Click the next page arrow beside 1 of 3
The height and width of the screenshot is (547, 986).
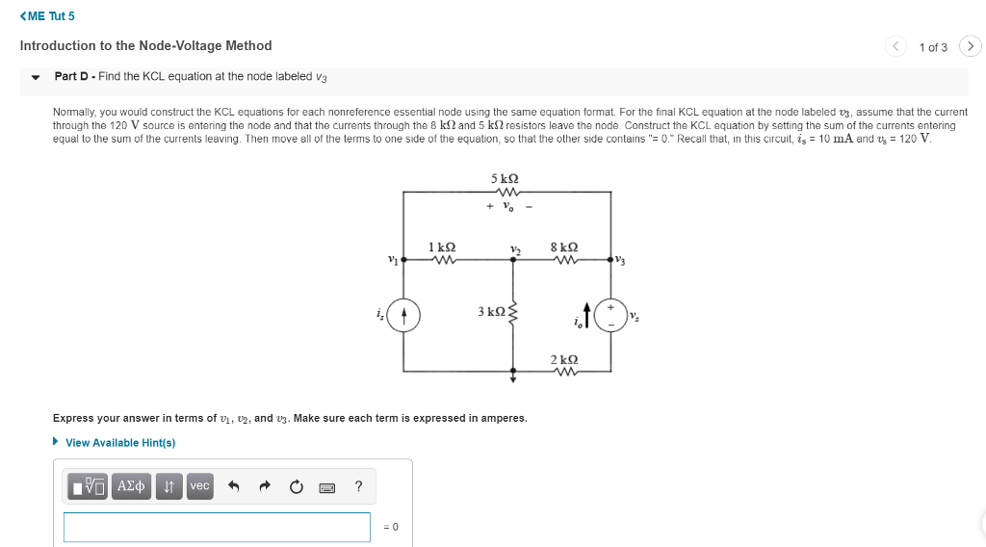point(970,46)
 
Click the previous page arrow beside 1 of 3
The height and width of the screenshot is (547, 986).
point(897,46)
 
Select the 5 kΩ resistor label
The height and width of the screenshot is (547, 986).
point(505,178)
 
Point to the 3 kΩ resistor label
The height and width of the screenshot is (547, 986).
point(490,311)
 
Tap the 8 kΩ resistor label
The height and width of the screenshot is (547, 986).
point(564,247)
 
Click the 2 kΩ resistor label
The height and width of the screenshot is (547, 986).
point(564,358)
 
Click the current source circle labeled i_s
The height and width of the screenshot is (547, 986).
point(403,315)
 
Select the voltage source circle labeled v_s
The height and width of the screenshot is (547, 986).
point(610,315)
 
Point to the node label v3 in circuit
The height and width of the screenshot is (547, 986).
point(620,261)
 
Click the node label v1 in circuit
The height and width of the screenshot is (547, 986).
point(392,258)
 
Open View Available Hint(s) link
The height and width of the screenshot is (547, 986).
point(119,443)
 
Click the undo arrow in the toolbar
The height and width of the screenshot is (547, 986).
point(232,486)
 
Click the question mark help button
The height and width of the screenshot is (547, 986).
point(359,486)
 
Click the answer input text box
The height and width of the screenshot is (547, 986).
point(217,527)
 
